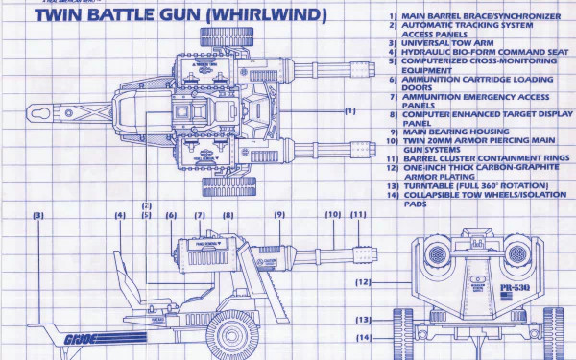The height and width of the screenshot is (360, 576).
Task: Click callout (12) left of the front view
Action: (363, 282)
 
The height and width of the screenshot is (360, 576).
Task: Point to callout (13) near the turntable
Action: (363, 320)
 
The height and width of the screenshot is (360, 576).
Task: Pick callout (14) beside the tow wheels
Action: (363, 338)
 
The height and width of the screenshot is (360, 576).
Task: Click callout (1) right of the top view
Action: (349, 110)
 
